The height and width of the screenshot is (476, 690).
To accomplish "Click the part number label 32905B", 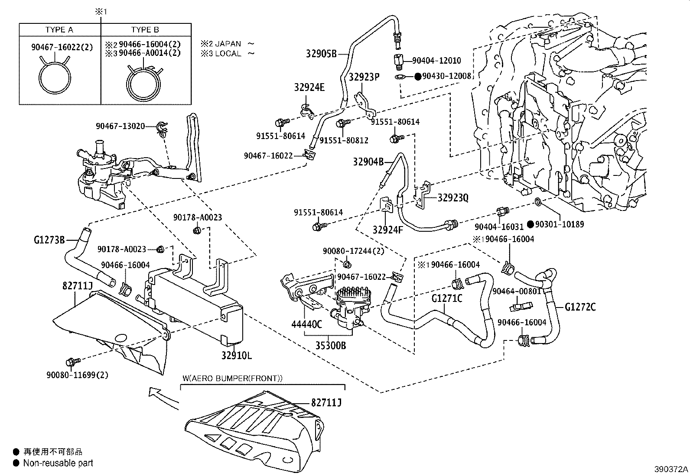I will click(x=321, y=54).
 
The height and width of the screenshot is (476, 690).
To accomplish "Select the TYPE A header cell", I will click(x=59, y=29).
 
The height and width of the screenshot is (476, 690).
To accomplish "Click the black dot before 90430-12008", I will click(x=418, y=76).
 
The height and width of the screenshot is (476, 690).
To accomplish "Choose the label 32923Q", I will click(x=453, y=198).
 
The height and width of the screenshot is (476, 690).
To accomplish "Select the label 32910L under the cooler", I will click(x=237, y=356).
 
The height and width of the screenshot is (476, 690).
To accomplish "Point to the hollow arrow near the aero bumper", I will click(x=163, y=396).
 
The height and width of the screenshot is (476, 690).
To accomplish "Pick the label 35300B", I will click(x=331, y=346).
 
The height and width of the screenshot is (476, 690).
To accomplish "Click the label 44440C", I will click(x=306, y=324).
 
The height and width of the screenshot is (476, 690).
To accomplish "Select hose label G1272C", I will click(x=580, y=307).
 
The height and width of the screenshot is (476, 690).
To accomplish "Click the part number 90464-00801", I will click(x=516, y=291).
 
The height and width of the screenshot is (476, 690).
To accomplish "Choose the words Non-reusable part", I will click(x=58, y=463).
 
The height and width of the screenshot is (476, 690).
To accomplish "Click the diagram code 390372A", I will click(x=671, y=469).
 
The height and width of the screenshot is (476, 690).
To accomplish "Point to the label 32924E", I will click(x=309, y=87).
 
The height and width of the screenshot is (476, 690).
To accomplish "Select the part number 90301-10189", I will click(x=559, y=224).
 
